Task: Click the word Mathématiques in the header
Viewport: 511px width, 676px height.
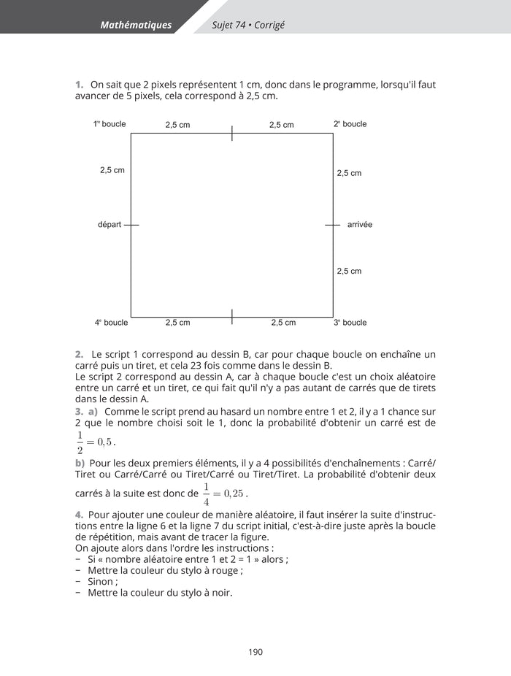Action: tap(136, 25)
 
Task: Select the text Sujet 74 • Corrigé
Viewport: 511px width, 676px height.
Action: tap(248, 25)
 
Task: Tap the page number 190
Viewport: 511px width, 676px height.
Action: tap(255, 652)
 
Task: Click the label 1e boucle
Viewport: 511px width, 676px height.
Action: tap(109, 124)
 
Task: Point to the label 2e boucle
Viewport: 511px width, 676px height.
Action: tap(350, 124)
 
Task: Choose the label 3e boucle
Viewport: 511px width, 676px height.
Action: tap(350, 323)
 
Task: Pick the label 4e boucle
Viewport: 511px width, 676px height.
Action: tap(111, 323)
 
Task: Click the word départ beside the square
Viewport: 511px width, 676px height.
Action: tap(109, 225)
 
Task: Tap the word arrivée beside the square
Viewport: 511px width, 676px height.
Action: tap(360, 225)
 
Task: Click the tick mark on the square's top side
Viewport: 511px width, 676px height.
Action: tap(232, 133)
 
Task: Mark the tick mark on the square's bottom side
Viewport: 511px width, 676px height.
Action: tap(232, 317)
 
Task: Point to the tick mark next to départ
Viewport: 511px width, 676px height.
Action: tap(131, 225)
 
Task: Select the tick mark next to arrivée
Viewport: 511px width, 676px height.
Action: tap(333, 225)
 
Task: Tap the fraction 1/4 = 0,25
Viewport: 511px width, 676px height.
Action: tap(223, 494)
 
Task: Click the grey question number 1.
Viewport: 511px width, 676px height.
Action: tap(79, 85)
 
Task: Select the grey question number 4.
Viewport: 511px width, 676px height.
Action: tap(79, 515)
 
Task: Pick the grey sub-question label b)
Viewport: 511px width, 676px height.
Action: tap(80, 463)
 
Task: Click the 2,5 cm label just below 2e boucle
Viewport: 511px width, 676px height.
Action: tap(349, 174)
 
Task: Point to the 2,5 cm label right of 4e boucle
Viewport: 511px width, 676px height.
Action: tap(177, 323)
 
